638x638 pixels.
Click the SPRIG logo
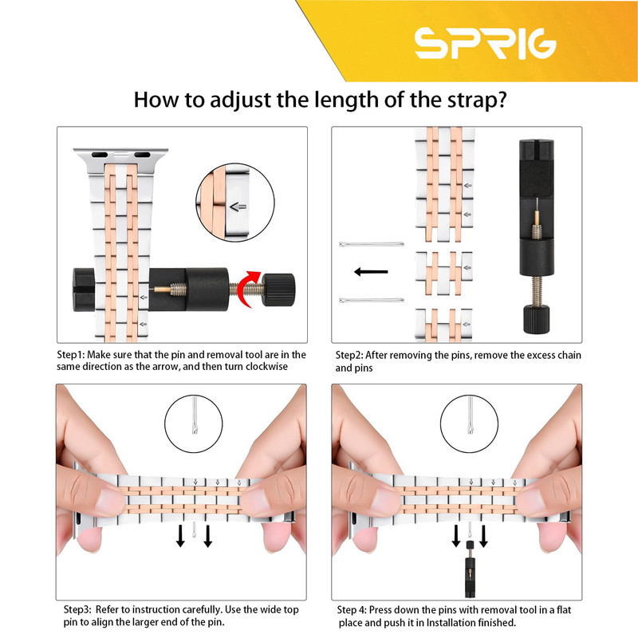point(486,43)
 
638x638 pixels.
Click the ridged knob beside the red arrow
point(278,289)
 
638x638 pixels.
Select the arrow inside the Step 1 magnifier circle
point(238,207)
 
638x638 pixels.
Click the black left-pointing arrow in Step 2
point(371,271)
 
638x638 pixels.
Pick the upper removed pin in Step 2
point(371,244)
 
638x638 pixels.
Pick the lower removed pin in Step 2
point(371,301)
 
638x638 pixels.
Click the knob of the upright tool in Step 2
point(536,320)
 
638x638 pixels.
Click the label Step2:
point(349,355)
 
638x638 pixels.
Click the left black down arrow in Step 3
point(180,536)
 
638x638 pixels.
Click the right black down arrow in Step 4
point(484,536)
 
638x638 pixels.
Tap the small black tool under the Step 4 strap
point(470,569)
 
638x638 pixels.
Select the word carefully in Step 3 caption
point(201,610)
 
